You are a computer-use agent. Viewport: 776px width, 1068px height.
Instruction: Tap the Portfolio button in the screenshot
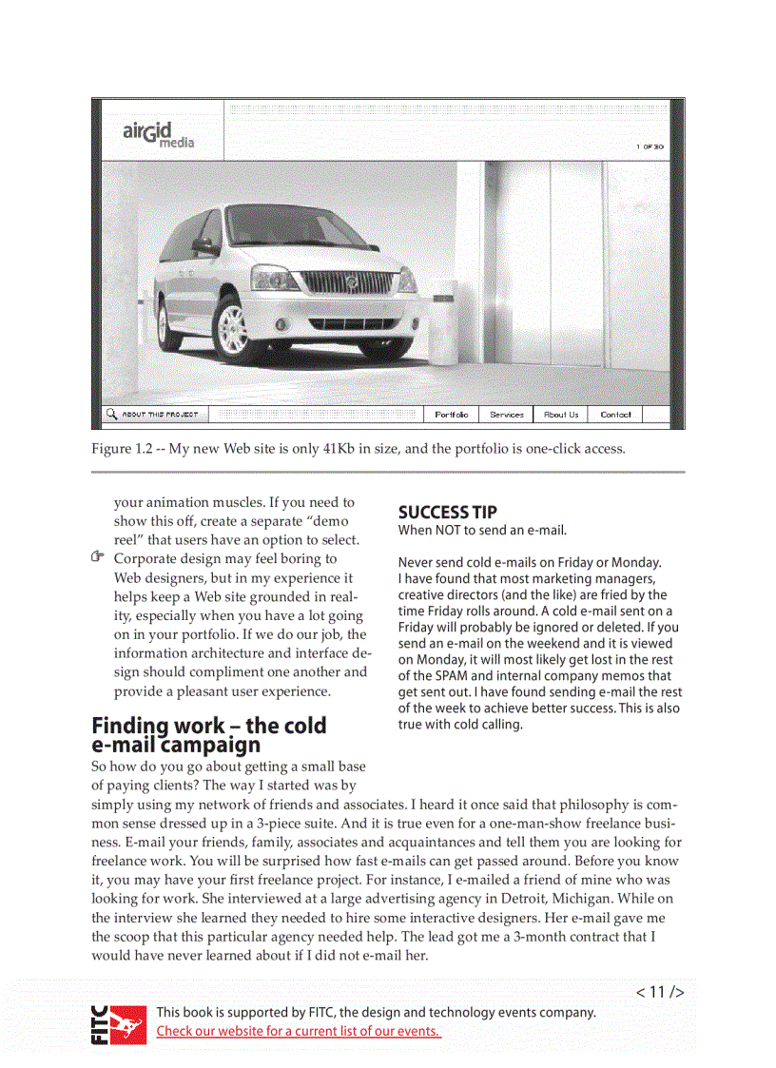451,415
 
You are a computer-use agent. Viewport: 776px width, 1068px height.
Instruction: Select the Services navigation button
507,415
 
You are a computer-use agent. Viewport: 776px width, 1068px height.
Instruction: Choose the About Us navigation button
561,415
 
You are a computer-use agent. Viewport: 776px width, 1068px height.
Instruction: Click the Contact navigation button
615,415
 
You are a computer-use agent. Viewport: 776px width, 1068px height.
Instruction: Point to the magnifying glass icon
112,415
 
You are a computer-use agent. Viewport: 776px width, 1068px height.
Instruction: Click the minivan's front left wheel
232,329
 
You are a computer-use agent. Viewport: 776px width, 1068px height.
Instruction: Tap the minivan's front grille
347,282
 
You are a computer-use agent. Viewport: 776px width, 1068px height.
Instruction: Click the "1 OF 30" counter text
650,146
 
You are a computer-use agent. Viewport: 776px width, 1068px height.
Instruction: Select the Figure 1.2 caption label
123,449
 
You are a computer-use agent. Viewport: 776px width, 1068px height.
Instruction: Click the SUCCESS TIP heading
447,512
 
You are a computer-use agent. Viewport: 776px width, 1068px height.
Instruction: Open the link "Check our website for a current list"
298,1032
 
